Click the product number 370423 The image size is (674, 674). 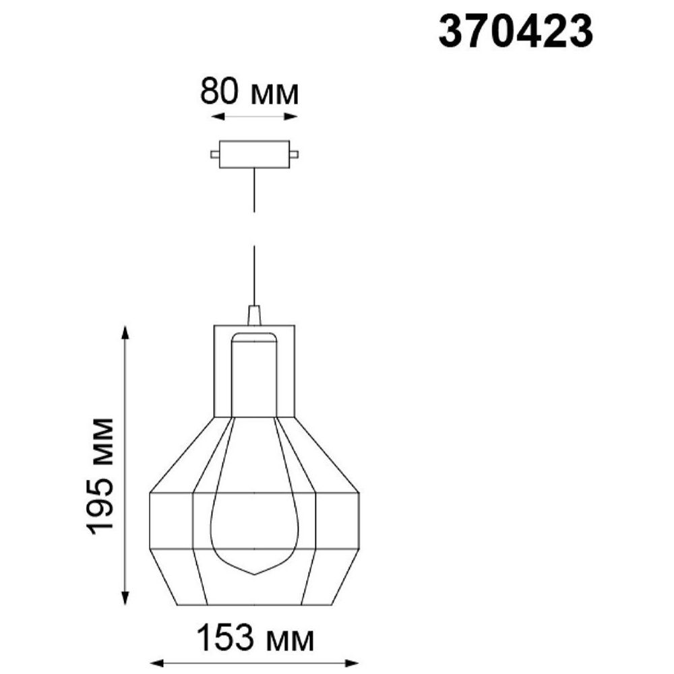click(x=516, y=31)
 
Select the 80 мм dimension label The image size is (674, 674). click(x=249, y=92)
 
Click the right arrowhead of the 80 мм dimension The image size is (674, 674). click(x=291, y=116)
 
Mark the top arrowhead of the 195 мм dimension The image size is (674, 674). click(x=125, y=334)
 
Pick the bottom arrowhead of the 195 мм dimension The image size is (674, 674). click(x=125, y=597)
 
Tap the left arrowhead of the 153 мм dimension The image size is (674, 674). click(x=158, y=663)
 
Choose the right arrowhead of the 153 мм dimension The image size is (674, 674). click(x=351, y=663)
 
